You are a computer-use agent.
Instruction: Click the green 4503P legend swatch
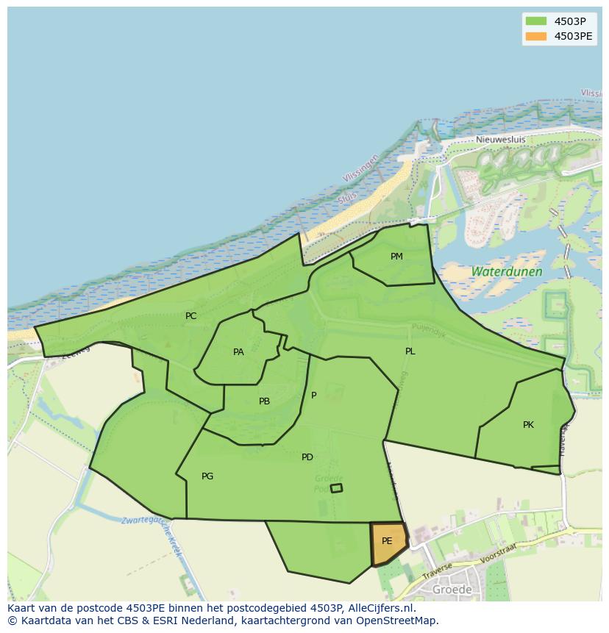pyautogui.click(x=536, y=21)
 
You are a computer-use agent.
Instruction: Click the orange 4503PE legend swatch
pyautogui.click(x=536, y=36)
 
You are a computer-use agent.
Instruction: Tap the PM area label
pyautogui.click(x=396, y=257)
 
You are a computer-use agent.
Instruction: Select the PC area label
pyautogui.click(x=190, y=316)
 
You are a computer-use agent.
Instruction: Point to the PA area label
pyautogui.click(x=238, y=352)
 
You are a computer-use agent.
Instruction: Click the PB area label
pyautogui.click(x=264, y=401)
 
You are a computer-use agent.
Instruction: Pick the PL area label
pyautogui.click(x=410, y=351)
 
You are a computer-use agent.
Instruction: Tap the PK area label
pyautogui.click(x=528, y=425)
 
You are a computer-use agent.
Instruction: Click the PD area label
pyautogui.click(x=307, y=457)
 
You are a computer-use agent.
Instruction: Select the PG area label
pyautogui.click(x=207, y=476)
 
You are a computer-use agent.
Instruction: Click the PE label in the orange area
pyautogui.click(x=387, y=541)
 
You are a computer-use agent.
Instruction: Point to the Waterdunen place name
pyautogui.click(x=507, y=271)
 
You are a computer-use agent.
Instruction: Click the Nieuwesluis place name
pyautogui.click(x=499, y=139)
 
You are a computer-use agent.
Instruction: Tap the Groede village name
pyautogui.click(x=452, y=590)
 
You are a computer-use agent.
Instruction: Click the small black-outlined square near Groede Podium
pyautogui.click(x=336, y=488)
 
